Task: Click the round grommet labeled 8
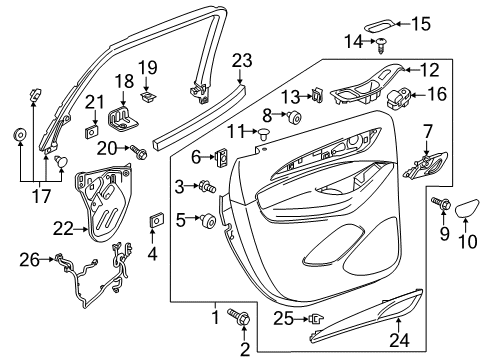pyautogui.click(x=296, y=118)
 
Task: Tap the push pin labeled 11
pyautogui.click(x=266, y=133)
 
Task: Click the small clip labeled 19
pyautogui.click(x=149, y=96)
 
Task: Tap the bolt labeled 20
pyautogui.click(x=139, y=151)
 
